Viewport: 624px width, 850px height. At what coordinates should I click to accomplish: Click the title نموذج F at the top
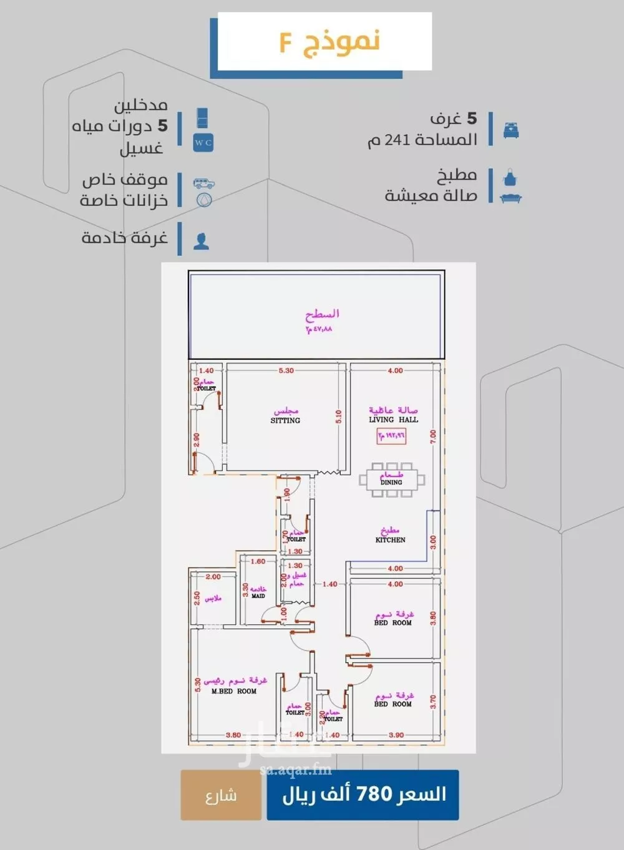tap(329, 42)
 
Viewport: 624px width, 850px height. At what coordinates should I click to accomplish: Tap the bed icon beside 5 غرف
tap(510, 130)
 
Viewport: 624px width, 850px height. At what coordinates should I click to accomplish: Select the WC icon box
tap(203, 142)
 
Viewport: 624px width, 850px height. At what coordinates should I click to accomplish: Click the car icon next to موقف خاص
tap(203, 184)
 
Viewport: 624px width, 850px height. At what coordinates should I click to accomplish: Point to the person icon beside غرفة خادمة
tap(201, 241)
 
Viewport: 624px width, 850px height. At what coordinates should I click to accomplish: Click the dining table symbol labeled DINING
tap(392, 480)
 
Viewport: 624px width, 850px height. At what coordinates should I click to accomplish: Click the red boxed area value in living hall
tap(391, 436)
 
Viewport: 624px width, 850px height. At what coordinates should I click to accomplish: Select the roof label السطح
tap(321, 314)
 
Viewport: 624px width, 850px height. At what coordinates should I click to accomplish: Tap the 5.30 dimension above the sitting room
tap(286, 370)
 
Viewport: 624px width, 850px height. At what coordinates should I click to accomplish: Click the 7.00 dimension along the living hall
tap(433, 437)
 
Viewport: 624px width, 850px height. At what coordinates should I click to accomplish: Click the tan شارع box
tap(221, 795)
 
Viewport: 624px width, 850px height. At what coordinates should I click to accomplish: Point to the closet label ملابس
tap(213, 599)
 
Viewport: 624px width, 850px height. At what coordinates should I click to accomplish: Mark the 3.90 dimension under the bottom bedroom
tap(396, 735)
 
